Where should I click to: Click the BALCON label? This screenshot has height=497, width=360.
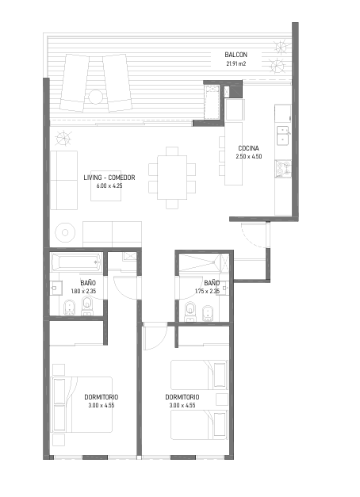(236, 55)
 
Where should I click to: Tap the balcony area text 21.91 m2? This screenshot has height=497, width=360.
(236, 63)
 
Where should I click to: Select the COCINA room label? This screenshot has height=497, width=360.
(248, 148)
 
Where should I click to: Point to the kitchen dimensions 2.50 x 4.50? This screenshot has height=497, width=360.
(249, 156)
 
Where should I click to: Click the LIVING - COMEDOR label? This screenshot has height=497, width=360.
(109, 178)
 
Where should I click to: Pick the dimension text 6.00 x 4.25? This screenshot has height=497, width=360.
(109, 185)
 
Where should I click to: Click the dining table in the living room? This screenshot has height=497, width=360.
(172, 178)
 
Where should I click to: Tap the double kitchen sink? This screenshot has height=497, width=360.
(282, 136)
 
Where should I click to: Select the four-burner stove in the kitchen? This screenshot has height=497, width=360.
(283, 168)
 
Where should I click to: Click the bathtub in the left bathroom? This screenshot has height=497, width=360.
(76, 262)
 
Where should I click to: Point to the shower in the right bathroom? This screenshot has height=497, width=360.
(204, 262)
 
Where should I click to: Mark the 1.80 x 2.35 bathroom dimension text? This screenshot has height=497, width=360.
(83, 291)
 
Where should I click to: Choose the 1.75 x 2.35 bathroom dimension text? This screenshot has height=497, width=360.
(207, 291)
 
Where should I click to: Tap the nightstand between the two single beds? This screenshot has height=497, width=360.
(222, 400)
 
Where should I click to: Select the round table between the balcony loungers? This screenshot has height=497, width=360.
(95, 97)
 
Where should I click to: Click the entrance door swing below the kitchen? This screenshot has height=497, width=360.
(254, 235)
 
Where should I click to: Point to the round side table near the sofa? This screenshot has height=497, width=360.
(65, 233)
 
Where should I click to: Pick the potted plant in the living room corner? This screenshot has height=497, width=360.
(63, 139)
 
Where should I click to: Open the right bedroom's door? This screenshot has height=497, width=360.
(155, 337)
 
